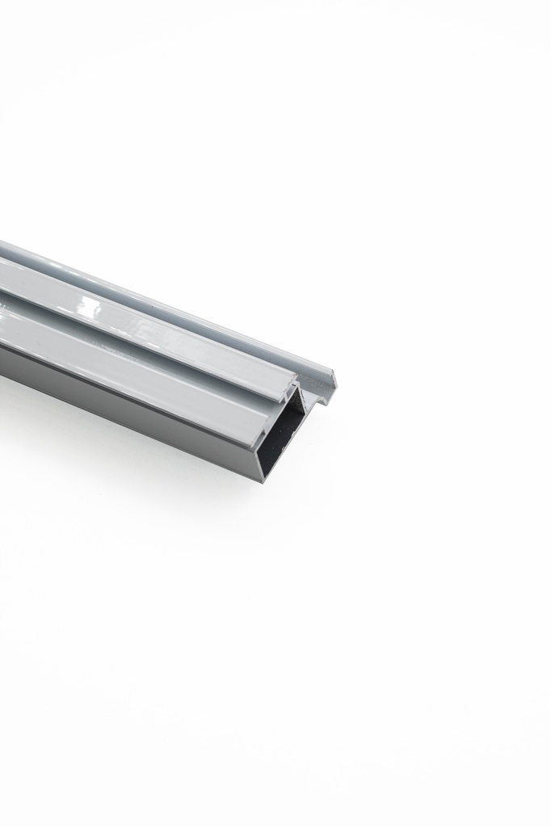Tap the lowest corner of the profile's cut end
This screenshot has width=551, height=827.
pos(263,481)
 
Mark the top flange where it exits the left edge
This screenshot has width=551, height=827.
pos(2,246)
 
